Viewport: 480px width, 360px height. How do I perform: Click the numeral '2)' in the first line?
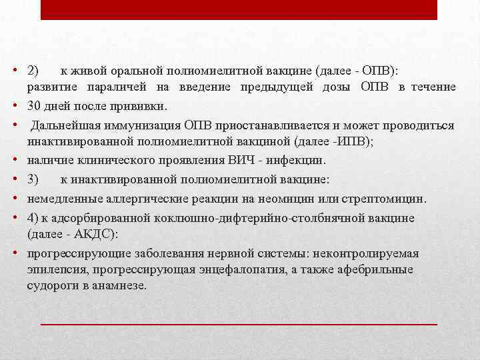(x=33, y=69)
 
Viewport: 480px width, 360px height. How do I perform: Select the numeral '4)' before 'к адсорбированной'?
(x=33, y=218)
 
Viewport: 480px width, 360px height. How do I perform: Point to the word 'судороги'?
(x=50, y=285)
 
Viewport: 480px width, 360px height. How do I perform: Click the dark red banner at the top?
(x=239, y=9)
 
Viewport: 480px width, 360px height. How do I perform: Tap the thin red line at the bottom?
(x=239, y=323)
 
